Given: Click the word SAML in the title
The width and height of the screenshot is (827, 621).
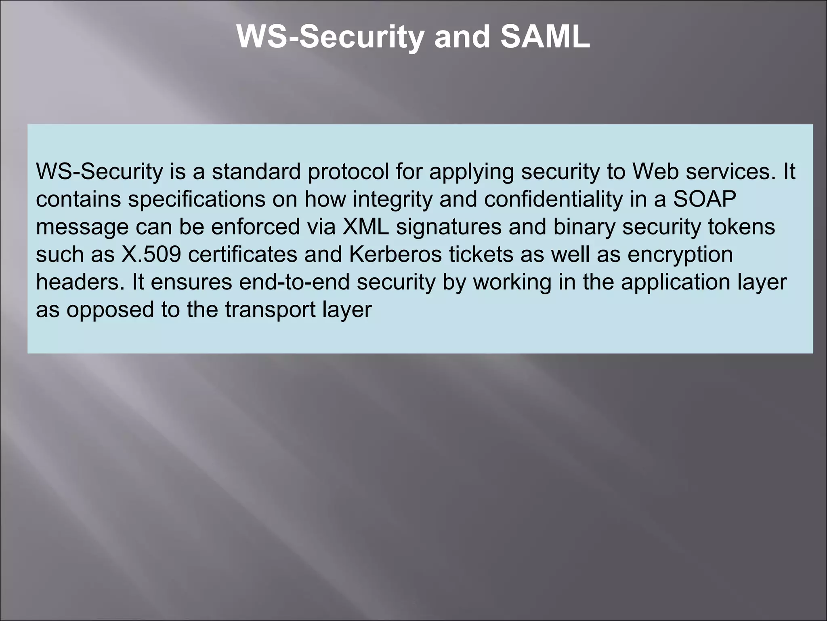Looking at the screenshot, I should click(545, 37).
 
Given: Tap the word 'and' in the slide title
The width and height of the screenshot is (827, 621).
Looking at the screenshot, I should click(462, 37).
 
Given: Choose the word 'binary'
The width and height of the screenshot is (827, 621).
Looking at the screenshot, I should click(584, 227).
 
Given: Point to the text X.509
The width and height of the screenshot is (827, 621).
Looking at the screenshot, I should click(151, 254).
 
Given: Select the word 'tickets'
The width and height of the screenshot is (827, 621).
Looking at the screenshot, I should click(481, 254).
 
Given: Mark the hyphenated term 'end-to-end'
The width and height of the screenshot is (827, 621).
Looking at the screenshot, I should click(294, 282).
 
